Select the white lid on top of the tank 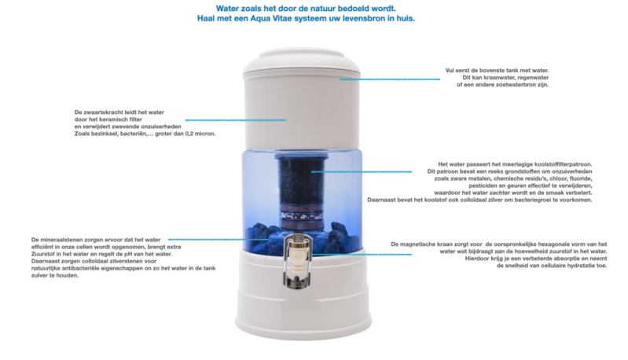302,63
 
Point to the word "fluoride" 580,178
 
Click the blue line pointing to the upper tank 390,79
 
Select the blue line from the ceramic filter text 236,119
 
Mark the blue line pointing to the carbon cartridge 362,172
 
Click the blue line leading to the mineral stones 219,240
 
